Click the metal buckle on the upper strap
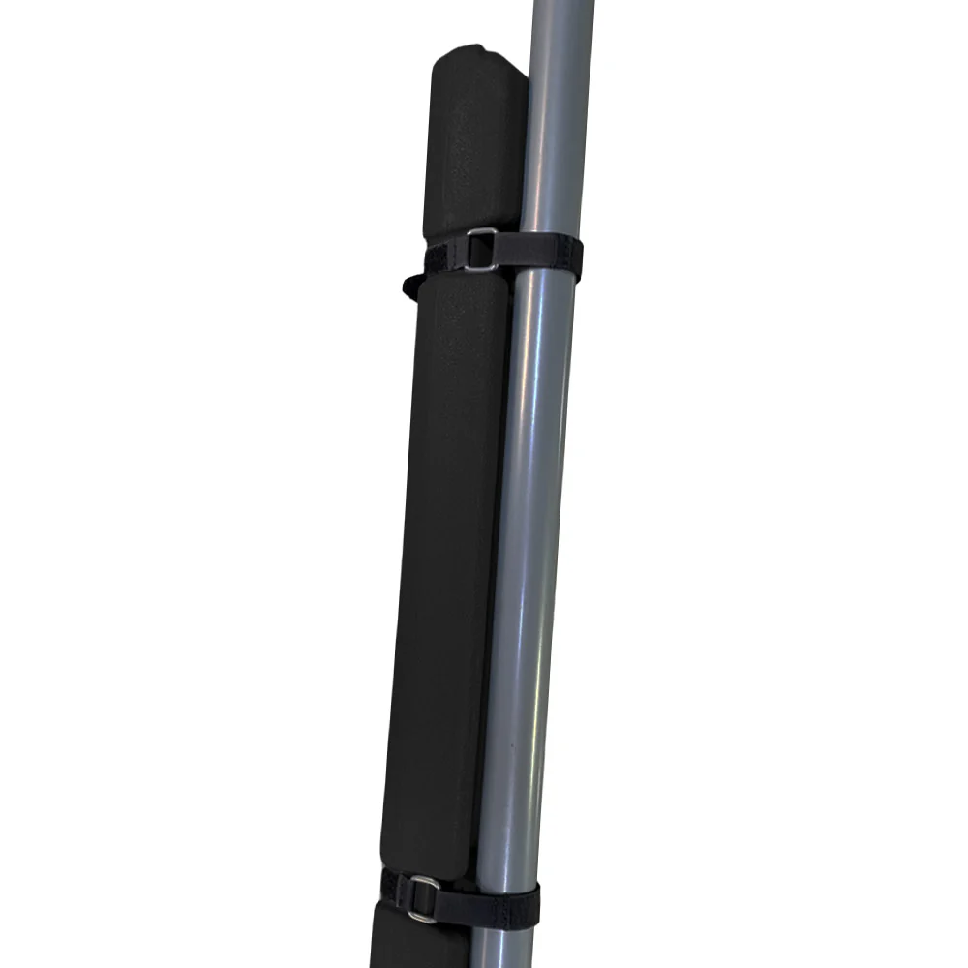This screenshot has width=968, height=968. [480, 250]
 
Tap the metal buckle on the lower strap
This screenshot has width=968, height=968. [422, 898]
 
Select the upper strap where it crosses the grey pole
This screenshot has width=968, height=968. [548, 257]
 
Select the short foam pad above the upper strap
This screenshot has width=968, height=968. [474, 145]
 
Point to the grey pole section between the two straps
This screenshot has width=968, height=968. [528, 581]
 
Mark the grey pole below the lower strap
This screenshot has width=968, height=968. [503, 949]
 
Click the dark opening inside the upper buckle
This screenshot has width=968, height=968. [481, 251]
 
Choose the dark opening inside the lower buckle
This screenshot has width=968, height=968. [422, 899]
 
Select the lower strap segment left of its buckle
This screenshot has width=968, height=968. [392, 886]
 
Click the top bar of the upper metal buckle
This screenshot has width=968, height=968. [482, 232]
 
